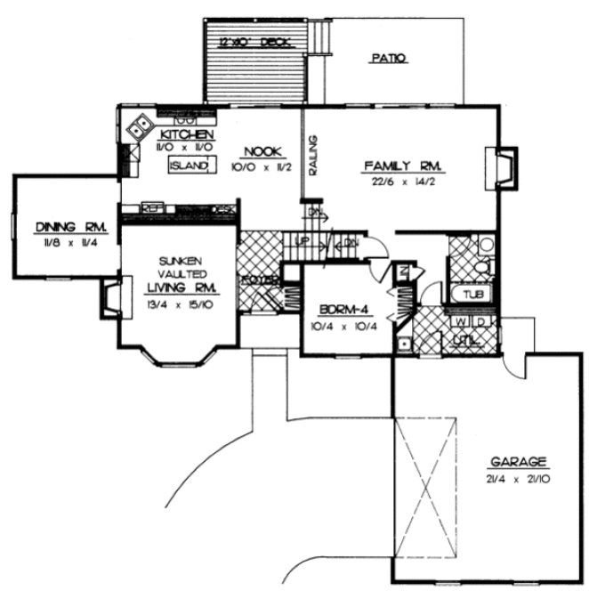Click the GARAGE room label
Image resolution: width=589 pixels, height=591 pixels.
coord(516,463)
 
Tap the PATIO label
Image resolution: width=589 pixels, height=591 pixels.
coord(387,59)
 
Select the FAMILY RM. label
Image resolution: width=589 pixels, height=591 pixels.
coord(403,166)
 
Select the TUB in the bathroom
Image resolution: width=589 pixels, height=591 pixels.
coord(467,294)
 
